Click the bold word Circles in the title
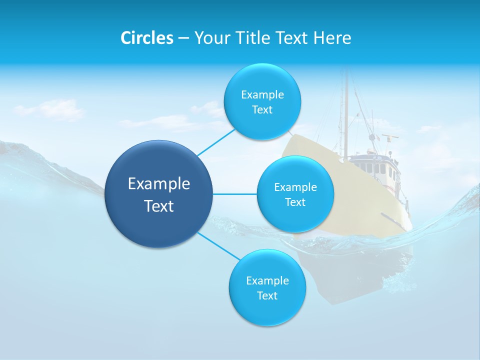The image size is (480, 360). pyautogui.click(x=146, y=38)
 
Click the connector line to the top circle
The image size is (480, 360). pyautogui.click(x=216, y=141)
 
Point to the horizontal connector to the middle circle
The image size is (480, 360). pyautogui.click(x=235, y=194)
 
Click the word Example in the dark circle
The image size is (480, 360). pyautogui.click(x=159, y=183)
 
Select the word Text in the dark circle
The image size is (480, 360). pyautogui.click(x=159, y=206)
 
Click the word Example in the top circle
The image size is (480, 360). pyautogui.click(x=262, y=94)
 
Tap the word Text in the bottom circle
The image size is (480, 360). pyautogui.click(x=267, y=295)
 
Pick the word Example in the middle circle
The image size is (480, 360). pyautogui.click(x=295, y=187)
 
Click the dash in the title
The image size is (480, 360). pyautogui.click(x=183, y=38)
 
